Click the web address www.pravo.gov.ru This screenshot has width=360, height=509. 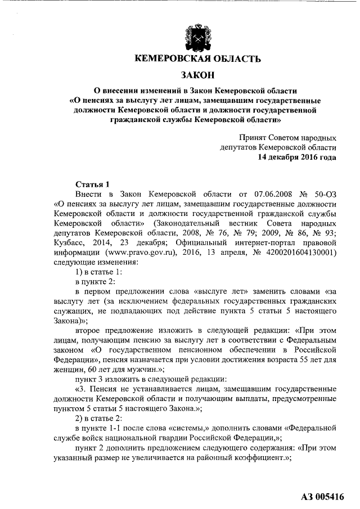[137, 252]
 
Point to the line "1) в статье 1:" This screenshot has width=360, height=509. [99, 272]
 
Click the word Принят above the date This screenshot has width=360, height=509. [254, 137]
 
